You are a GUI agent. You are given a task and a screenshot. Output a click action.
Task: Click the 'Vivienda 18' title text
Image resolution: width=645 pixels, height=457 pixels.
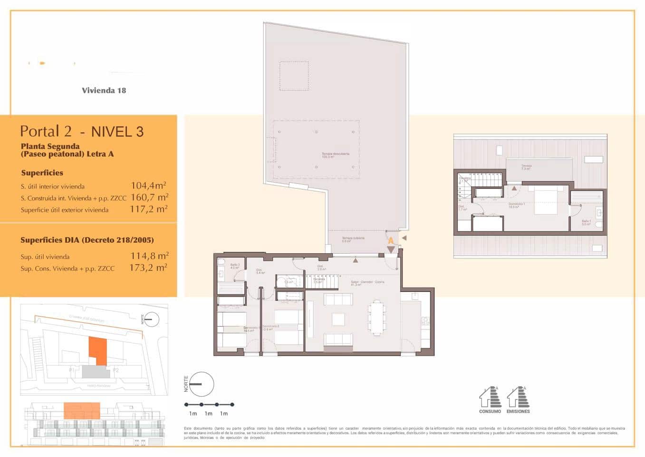(x=104, y=90)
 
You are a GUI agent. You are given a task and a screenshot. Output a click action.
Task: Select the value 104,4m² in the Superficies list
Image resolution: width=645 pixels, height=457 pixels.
(x=148, y=186)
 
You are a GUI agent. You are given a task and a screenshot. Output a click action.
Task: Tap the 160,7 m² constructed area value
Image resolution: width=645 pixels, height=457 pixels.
(x=149, y=197)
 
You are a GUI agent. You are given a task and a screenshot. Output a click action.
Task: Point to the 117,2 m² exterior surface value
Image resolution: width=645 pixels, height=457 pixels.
(x=148, y=209)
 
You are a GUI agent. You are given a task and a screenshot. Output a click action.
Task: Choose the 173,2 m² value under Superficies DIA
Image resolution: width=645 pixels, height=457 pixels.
(x=148, y=268)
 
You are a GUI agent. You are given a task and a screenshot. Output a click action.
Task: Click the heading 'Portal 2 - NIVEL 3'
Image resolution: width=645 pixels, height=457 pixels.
(x=82, y=131)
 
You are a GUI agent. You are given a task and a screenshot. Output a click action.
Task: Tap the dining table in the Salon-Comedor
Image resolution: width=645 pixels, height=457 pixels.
(x=377, y=317)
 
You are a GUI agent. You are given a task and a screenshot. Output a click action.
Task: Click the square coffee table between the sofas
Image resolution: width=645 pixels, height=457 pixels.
(x=338, y=318)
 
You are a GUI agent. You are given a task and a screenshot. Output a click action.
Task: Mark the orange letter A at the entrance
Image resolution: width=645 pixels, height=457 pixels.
(x=391, y=241)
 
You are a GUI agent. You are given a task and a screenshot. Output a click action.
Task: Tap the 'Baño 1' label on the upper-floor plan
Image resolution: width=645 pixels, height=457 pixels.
(x=586, y=222)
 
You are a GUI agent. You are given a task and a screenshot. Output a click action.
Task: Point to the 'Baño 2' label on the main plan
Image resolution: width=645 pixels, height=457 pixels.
(x=235, y=266)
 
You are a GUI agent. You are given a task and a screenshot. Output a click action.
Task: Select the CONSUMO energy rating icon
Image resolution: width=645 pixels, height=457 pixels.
(x=490, y=399)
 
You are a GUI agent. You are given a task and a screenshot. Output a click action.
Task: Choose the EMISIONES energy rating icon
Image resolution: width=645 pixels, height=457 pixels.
(x=518, y=399)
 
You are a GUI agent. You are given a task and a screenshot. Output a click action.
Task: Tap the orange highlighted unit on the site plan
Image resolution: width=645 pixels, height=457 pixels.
(x=97, y=351)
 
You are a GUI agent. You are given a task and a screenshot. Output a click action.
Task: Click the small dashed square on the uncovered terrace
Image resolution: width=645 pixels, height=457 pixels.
(x=294, y=76)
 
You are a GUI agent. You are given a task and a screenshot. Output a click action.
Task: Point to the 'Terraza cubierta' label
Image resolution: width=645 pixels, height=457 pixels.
(x=353, y=239)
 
